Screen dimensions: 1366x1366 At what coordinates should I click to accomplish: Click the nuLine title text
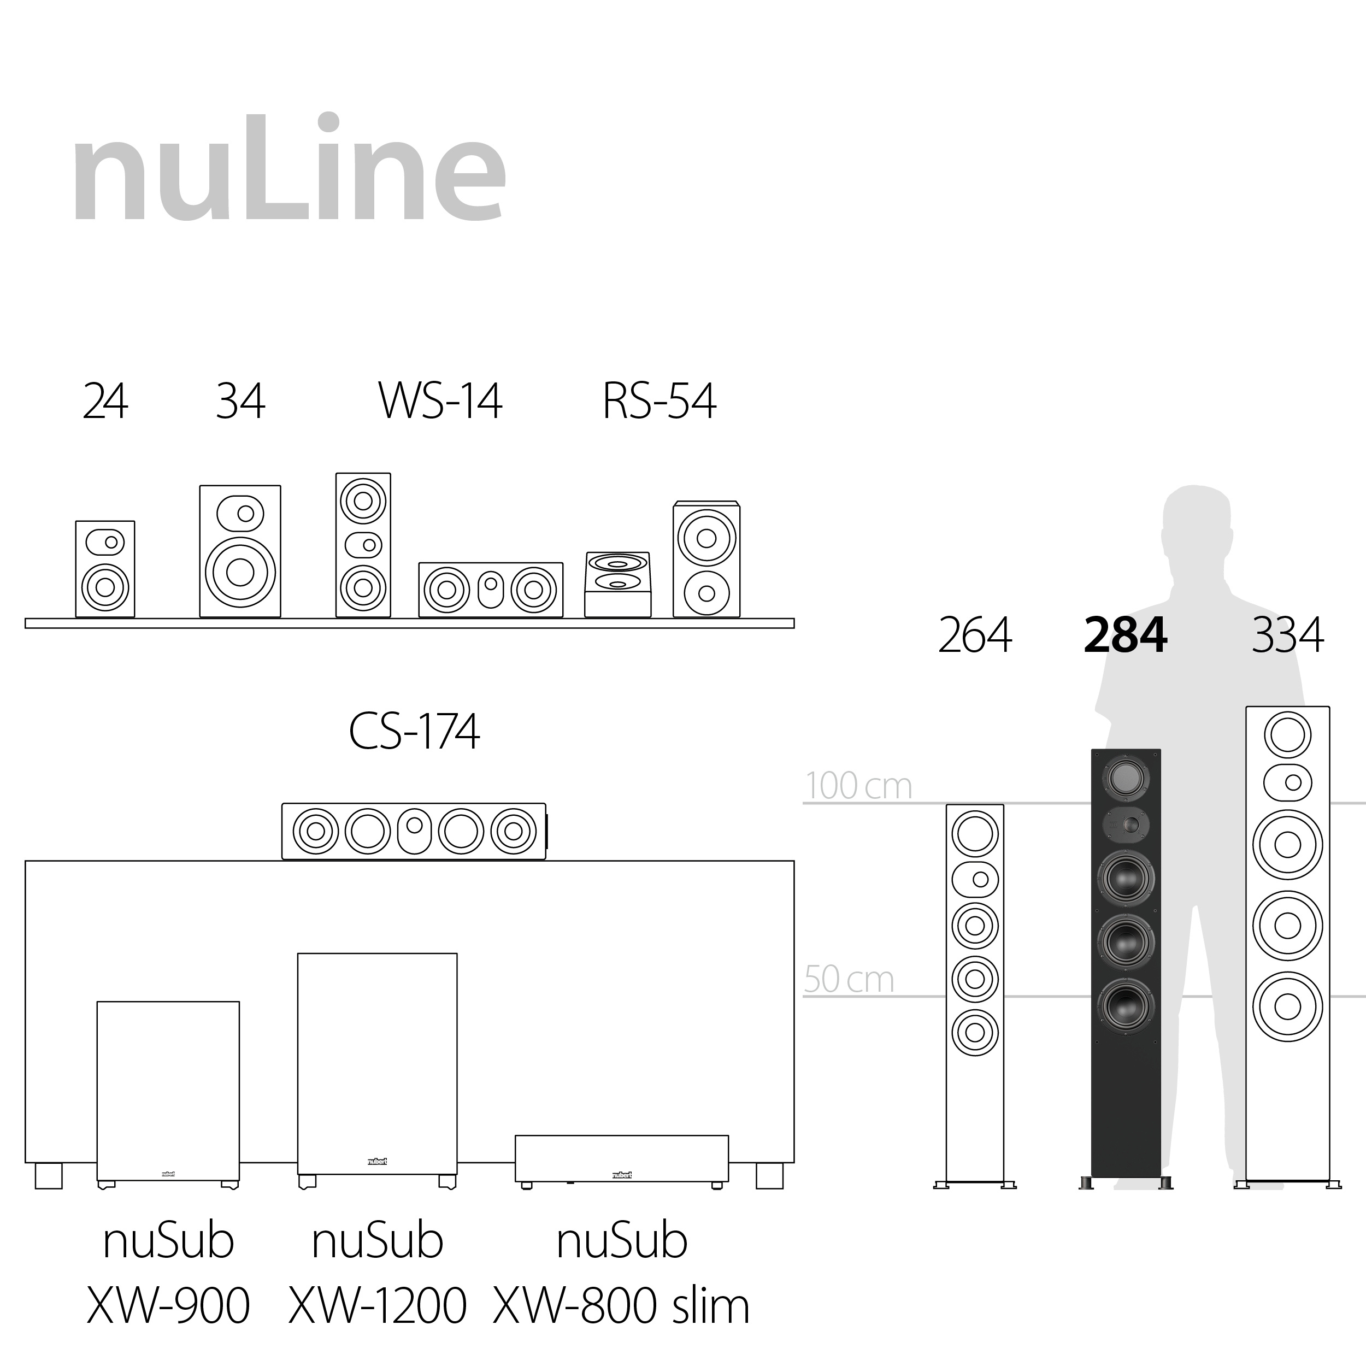click(288, 170)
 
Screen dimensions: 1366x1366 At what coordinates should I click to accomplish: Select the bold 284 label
click(1125, 635)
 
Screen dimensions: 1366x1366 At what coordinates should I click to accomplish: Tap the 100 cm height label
click(858, 786)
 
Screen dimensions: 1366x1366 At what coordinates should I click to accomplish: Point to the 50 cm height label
click(849, 980)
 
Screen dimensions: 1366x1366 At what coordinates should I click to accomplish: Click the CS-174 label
click(414, 732)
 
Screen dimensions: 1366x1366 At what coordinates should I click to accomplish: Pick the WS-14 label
click(440, 402)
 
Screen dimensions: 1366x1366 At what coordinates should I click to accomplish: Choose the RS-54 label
click(659, 402)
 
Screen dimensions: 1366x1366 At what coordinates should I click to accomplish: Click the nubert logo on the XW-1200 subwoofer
click(377, 1161)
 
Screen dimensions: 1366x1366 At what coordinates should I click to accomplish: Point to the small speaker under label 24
click(105, 569)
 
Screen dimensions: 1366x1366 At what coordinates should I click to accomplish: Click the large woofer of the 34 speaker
click(240, 572)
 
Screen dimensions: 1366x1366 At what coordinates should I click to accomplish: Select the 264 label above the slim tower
click(974, 635)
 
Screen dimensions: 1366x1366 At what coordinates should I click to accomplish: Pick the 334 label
click(1287, 635)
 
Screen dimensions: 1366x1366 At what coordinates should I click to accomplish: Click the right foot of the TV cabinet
click(769, 1176)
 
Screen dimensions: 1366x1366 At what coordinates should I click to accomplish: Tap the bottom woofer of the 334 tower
click(1287, 1007)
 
